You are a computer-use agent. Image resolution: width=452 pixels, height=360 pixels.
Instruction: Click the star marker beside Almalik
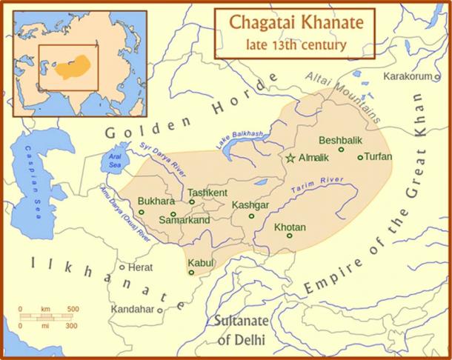coord(290,158)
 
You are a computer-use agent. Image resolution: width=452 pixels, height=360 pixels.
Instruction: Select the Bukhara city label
coord(156,201)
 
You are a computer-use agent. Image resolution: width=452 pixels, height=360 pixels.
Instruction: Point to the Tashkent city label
coord(207,193)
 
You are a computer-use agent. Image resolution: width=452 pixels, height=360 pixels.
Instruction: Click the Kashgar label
coord(250,204)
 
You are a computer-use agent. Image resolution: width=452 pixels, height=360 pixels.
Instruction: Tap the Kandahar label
coord(132,308)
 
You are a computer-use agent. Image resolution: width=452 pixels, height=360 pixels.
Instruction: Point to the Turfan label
coord(378,157)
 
